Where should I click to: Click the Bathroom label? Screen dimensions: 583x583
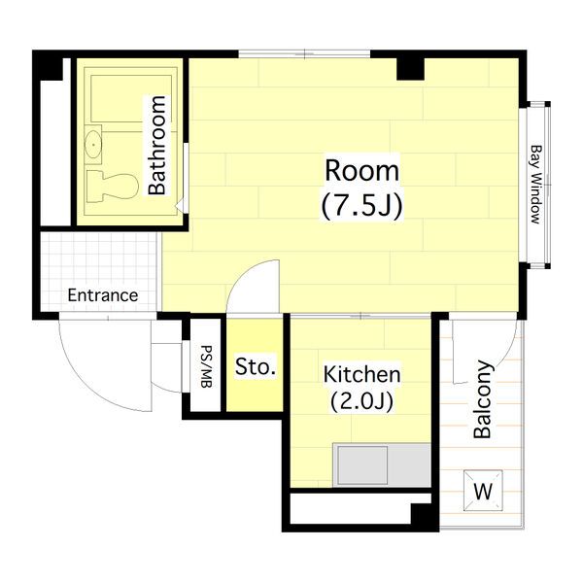click(157, 145)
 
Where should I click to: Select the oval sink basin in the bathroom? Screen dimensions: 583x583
click(93, 144)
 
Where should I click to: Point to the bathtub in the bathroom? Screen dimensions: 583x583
click(131, 98)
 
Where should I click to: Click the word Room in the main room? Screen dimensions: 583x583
click(361, 171)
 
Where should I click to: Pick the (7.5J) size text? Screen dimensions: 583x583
click(361, 206)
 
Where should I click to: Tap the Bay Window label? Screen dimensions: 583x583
click(535, 185)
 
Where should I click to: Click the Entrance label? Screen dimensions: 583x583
click(103, 295)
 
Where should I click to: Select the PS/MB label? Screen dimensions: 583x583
click(206, 367)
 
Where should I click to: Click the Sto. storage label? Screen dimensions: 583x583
click(256, 366)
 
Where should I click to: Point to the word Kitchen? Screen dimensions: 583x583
click(361, 374)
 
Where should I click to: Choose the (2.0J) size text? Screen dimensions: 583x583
click(361, 401)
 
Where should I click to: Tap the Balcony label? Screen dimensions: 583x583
click(483, 399)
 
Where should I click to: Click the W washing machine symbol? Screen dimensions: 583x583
click(483, 491)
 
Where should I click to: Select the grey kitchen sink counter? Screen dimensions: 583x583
click(382, 464)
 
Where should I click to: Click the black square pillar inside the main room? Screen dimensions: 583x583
click(410, 68)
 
